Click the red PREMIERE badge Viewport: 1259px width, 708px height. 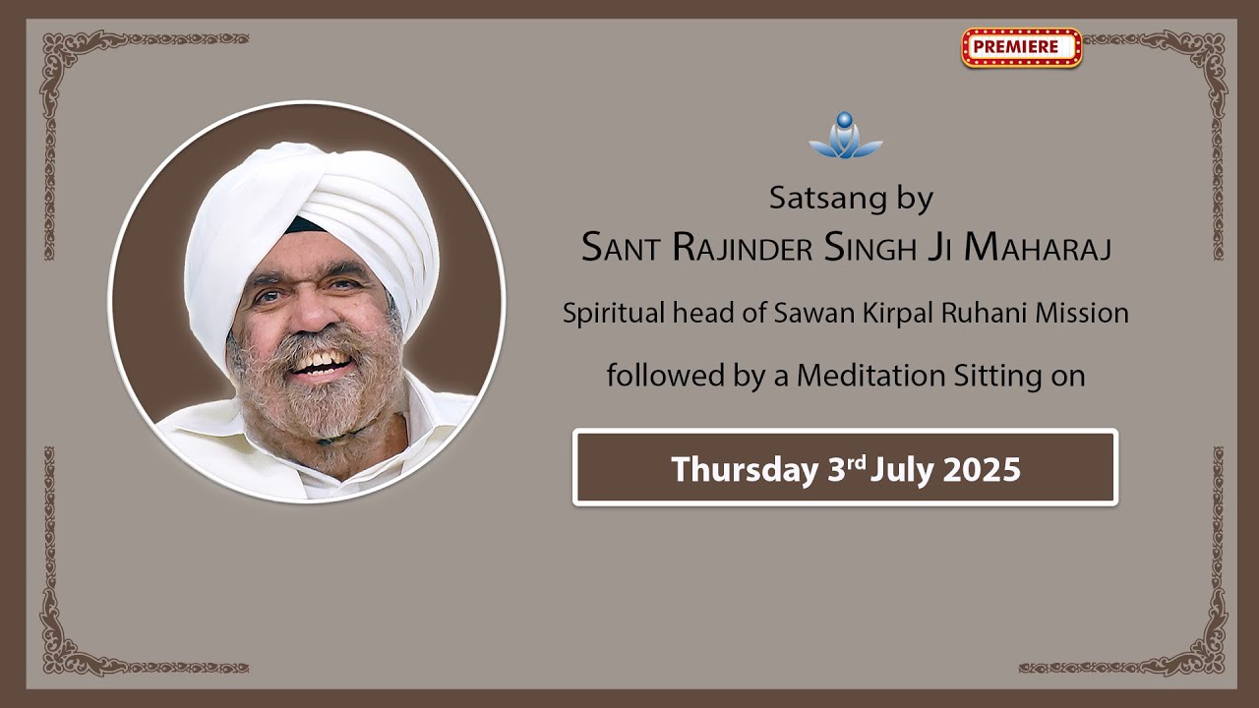pos(1021,46)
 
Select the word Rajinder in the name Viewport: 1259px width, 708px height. pos(743,248)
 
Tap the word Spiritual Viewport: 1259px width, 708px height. pos(611,314)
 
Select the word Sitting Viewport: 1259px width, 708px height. pos(991,376)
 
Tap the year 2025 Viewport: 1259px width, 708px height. pos(981,469)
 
